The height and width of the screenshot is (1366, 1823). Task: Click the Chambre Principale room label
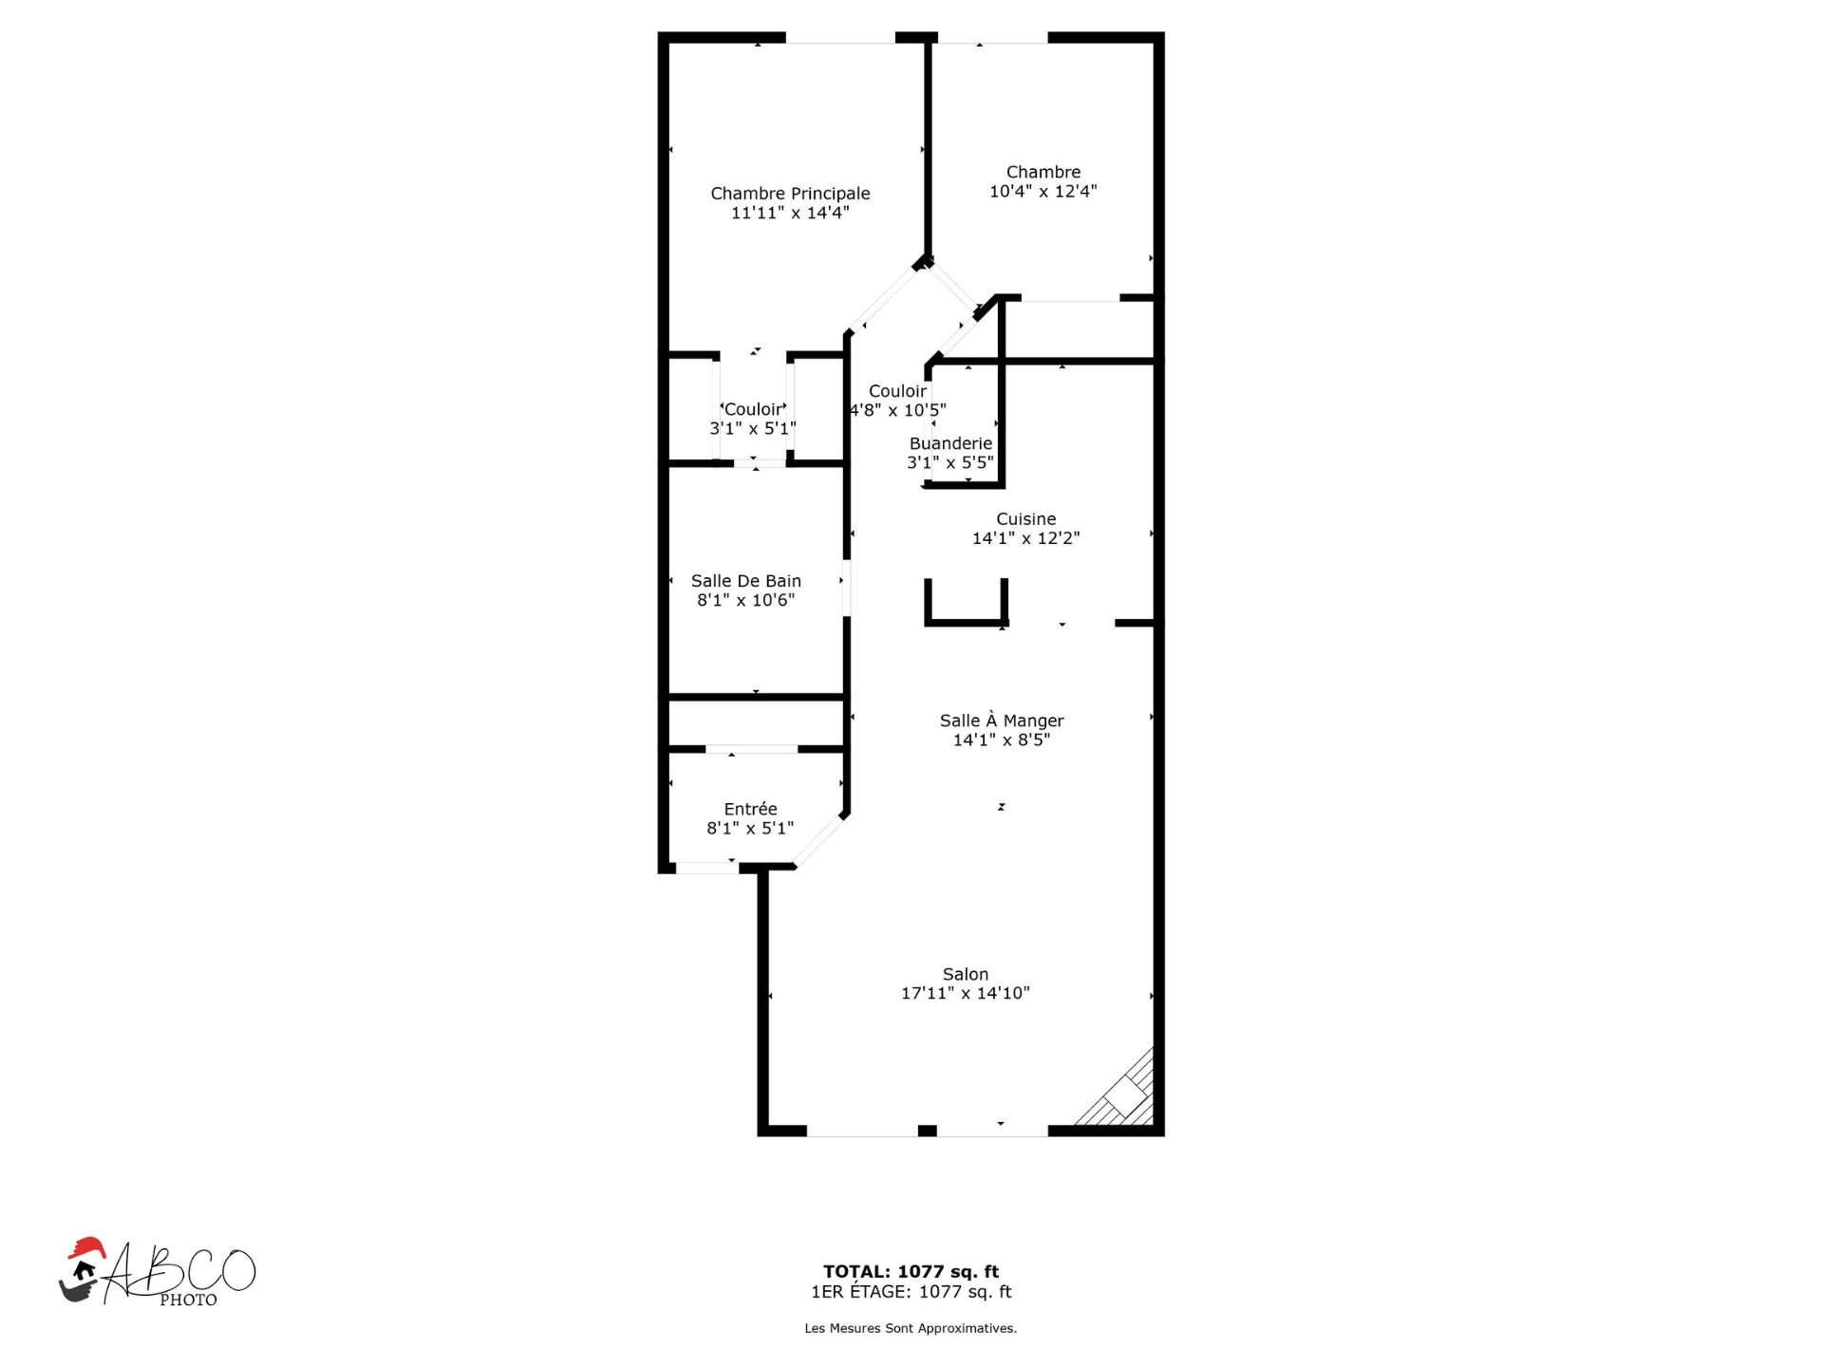790,194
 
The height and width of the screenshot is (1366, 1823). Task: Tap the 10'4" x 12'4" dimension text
1043,191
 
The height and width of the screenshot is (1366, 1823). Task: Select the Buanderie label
950,443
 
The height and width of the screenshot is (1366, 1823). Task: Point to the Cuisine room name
1025,519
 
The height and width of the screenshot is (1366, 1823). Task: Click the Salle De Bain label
745,581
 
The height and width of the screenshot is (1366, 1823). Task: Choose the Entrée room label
750,809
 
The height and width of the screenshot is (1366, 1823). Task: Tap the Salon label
965,974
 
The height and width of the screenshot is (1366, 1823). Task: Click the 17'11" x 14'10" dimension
965,993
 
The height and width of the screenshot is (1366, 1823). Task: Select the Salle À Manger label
1002,720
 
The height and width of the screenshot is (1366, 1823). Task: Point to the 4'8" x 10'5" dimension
897,410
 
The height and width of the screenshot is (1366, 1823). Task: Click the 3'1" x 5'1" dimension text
752,428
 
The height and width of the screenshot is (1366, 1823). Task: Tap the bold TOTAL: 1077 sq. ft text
911,1271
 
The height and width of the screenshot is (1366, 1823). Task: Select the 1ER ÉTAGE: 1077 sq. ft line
911,1291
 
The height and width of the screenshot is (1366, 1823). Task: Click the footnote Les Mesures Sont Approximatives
911,1328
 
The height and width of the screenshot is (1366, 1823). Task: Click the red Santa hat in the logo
85,1247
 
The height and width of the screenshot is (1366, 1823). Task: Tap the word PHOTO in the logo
188,1300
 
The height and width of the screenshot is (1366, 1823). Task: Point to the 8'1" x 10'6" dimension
745,600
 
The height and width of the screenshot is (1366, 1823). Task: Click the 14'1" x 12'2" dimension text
1025,538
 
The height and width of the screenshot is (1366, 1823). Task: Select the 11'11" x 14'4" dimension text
790,213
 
